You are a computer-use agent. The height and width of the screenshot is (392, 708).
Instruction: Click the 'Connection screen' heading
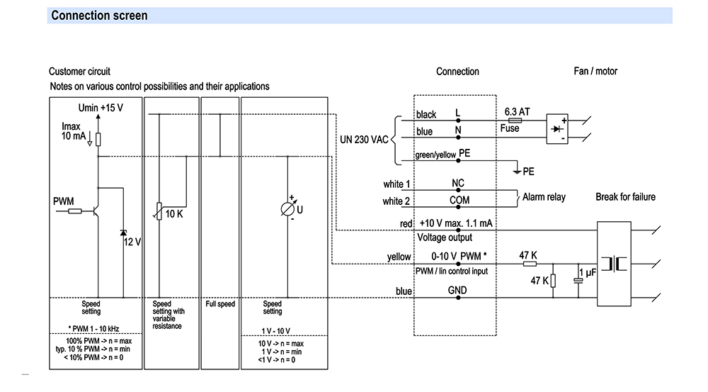coord(100,16)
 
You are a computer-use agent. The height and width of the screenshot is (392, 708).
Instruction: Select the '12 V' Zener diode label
coord(132,242)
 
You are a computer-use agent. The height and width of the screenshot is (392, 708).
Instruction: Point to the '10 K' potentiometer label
coord(174,213)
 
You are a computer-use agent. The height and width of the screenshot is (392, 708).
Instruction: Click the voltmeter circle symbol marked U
coord(288,210)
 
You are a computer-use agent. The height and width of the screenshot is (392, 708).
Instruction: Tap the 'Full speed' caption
coord(220,304)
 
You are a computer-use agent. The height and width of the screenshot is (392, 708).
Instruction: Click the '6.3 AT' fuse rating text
coord(516,112)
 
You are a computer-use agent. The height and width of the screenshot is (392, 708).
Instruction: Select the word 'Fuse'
coord(510,128)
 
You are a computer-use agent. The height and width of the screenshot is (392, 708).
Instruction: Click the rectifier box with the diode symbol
coord(558,130)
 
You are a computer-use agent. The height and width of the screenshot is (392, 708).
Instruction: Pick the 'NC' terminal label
coord(458,183)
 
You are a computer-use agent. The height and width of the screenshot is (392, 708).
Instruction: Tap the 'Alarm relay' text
coord(544,197)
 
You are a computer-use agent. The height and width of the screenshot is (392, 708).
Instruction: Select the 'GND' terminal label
coord(457,290)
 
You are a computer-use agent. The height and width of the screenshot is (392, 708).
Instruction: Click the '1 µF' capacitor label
coord(588,273)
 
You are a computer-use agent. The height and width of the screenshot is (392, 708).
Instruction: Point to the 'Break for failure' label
coord(625,197)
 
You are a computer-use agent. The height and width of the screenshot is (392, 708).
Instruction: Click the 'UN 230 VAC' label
coord(364,140)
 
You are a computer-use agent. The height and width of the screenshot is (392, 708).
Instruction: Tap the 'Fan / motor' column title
coord(595,71)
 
